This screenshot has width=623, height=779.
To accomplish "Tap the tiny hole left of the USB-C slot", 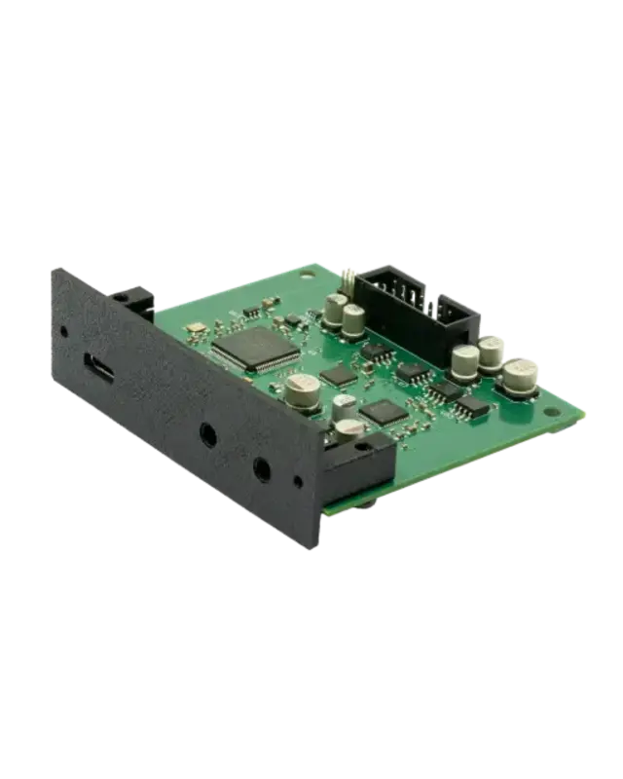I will point(64,331).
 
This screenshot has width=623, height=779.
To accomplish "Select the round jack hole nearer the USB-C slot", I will point(208,435).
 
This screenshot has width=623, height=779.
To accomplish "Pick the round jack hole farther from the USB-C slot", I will point(262,468).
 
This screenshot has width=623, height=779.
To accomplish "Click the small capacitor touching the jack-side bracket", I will point(348,428).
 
